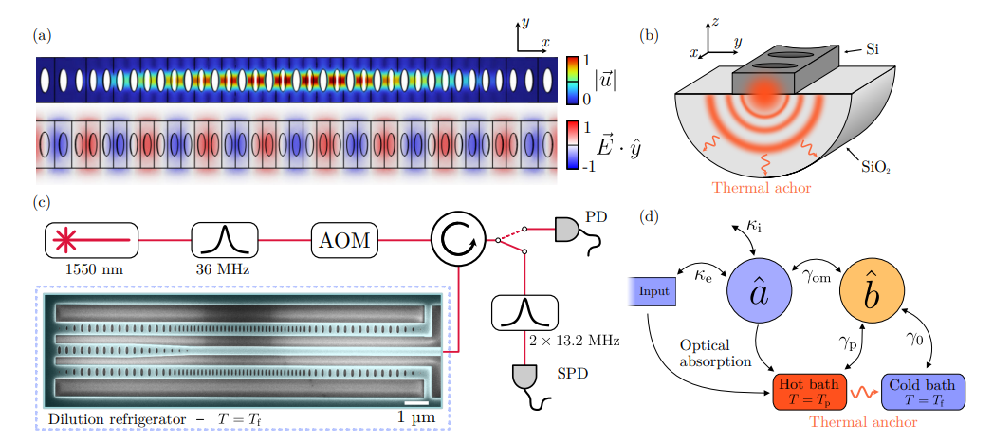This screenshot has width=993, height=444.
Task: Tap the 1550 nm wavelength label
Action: (92, 268)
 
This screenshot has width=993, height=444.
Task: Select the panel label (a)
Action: (41, 36)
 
